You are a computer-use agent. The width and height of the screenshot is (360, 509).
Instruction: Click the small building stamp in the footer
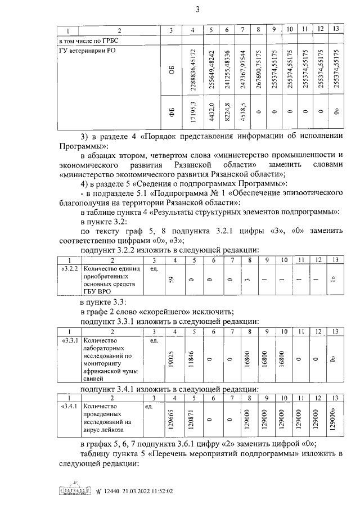click(x=75, y=490)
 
